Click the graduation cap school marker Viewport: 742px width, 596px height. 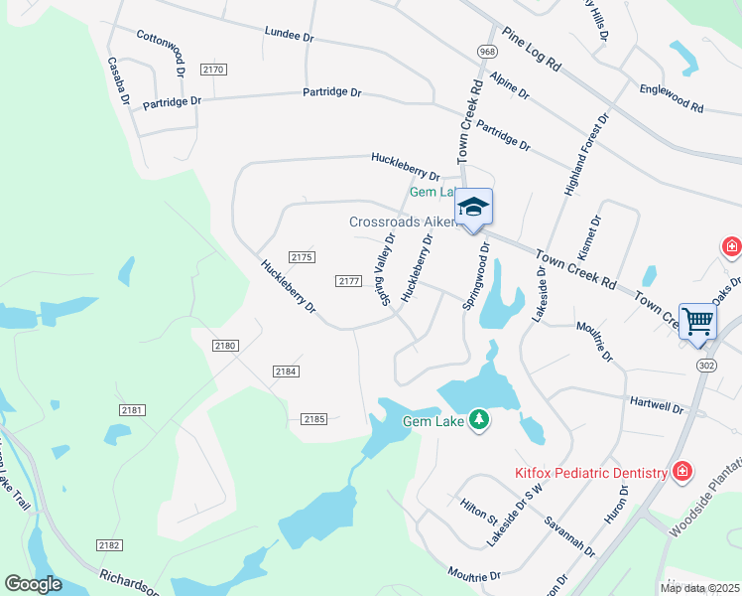473,206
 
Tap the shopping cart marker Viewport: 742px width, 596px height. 698,321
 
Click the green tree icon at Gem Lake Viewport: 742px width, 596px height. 479,420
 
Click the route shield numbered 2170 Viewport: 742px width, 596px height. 213,70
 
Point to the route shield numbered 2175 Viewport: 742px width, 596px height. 302,257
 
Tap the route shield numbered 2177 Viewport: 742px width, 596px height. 348,281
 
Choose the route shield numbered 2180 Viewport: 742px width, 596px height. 225,345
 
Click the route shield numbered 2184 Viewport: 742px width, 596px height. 286,372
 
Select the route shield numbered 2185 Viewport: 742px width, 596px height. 314,419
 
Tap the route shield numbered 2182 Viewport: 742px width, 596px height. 109,545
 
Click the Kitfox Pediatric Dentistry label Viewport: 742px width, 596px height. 590,474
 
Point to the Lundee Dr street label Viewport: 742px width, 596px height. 289,34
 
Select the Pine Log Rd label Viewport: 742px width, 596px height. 532,51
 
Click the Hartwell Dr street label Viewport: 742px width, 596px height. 657,405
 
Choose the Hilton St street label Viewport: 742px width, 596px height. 479,512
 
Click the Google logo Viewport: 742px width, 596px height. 33,584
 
